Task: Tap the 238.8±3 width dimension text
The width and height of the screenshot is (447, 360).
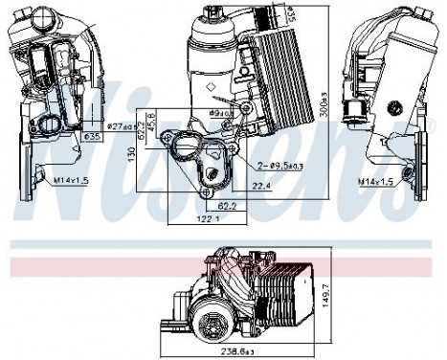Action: [x=235, y=352]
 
